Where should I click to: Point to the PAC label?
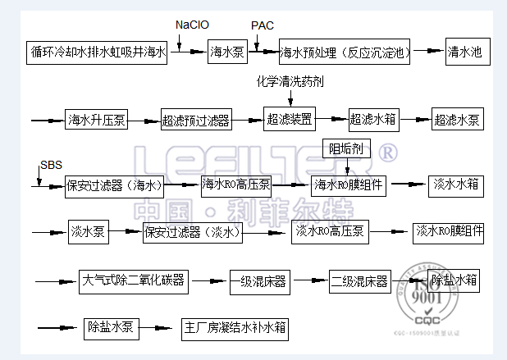pos(261,25)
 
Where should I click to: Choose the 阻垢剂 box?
pos(349,148)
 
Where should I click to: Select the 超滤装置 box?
pos(290,119)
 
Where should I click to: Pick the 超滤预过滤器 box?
pos(195,120)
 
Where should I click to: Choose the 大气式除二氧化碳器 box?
pos(135,281)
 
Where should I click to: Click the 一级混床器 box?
pos(258,282)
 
